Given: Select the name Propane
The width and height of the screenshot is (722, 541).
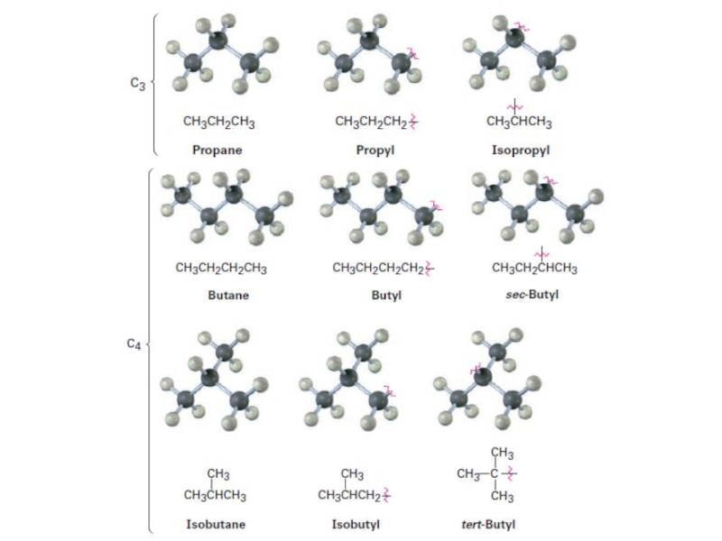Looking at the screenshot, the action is tap(217, 150).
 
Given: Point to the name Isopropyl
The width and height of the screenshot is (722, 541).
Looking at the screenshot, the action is tap(520, 150).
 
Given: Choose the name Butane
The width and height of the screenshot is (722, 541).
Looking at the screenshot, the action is tap(227, 294).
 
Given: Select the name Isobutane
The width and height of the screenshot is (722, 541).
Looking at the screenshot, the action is tap(216, 523).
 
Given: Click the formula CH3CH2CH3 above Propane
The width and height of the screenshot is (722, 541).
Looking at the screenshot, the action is tap(218, 122).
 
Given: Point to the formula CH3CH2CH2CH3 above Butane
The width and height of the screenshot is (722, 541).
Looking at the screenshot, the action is tap(221, 268).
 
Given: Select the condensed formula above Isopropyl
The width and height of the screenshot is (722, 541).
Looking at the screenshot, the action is tap(519, 122).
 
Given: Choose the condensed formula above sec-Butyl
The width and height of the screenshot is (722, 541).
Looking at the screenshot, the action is tap(534, 268).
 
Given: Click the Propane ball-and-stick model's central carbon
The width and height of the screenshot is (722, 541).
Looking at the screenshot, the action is tap(218, 41).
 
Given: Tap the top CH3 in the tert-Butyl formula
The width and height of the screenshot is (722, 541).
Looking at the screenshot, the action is tap(503, 453).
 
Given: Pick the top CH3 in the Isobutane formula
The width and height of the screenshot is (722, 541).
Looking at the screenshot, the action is tap(218, 474).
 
